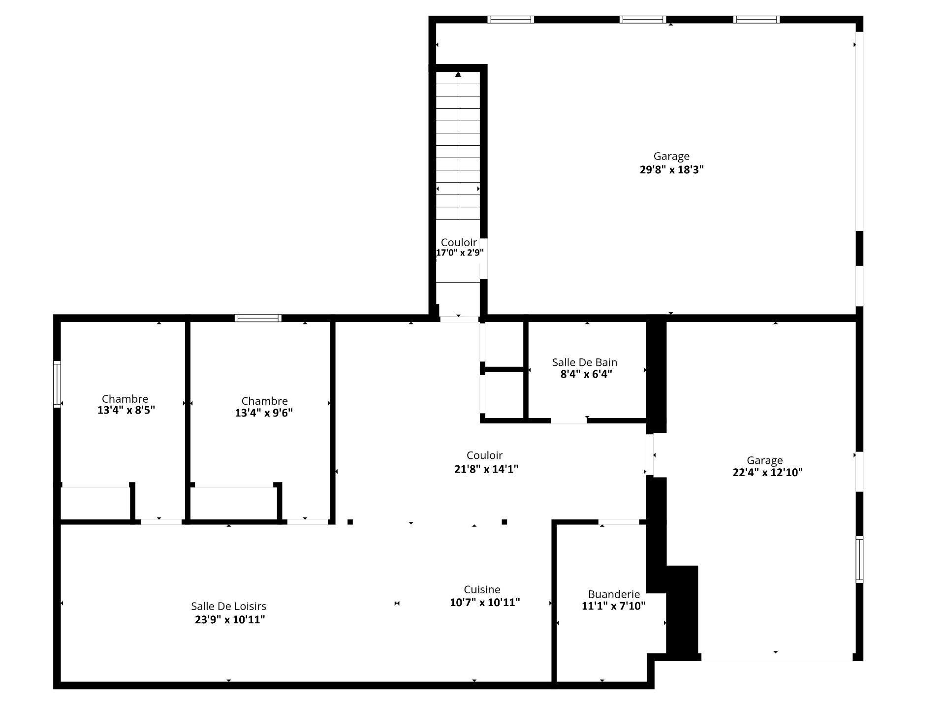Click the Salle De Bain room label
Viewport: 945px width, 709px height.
pos(584,362)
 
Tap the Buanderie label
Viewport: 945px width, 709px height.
pos(614,594)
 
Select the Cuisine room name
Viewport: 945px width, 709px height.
pos(482,589)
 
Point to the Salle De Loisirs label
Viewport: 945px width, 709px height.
pos(229,607)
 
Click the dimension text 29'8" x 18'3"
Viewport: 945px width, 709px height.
pos(671,170)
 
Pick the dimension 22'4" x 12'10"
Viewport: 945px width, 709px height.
pos(767,473)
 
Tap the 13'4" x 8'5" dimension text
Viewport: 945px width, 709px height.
pos(126,411)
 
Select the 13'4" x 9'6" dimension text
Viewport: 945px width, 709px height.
pos(264,413)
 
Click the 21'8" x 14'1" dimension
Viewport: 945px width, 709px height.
pos(486,469)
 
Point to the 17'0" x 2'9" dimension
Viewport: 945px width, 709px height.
pos(460,253)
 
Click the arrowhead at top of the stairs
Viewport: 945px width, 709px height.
pos(458,74)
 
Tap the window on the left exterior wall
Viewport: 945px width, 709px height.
pos(57,384)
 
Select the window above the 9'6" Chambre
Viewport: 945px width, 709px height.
pos(258,318)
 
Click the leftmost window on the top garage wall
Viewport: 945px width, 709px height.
pos(511,20)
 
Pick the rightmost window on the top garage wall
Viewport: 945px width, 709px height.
pos(756,20)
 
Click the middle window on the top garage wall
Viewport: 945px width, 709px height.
pos(643,20)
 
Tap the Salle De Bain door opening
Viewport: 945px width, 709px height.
pos(569,420)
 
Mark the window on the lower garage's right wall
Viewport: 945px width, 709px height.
pos(859,559)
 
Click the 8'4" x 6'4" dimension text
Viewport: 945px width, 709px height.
pos(586,374)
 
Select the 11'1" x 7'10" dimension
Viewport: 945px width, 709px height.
pos(614,606)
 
